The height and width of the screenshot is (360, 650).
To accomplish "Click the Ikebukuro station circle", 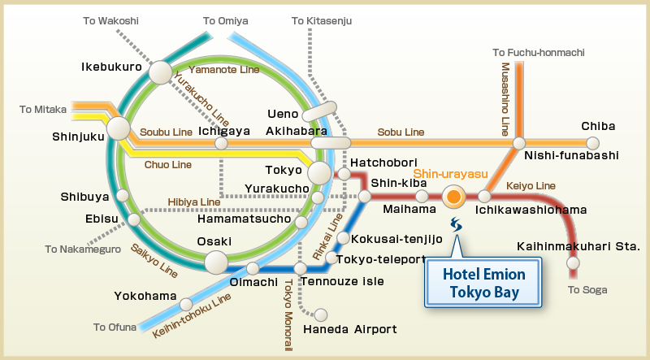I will (160, 73).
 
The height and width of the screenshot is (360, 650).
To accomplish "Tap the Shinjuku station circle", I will (119, 128).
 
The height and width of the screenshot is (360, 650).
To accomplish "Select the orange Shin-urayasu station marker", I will (453, 196).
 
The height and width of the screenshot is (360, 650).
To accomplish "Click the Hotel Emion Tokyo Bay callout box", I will (483, 283).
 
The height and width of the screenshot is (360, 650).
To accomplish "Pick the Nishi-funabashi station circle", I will (518, 145).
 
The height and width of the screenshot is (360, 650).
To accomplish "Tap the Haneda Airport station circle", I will (321, 314).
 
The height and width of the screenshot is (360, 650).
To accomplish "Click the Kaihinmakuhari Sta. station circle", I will (574, 262).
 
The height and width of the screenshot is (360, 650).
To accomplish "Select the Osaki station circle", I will (216, 262).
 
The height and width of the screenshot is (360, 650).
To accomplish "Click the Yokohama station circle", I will (185, 304).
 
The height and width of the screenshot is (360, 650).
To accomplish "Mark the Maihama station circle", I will (422, 196).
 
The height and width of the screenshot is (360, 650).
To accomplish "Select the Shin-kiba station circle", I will (365, 196).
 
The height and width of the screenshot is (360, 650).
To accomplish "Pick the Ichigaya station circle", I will (221, 144).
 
